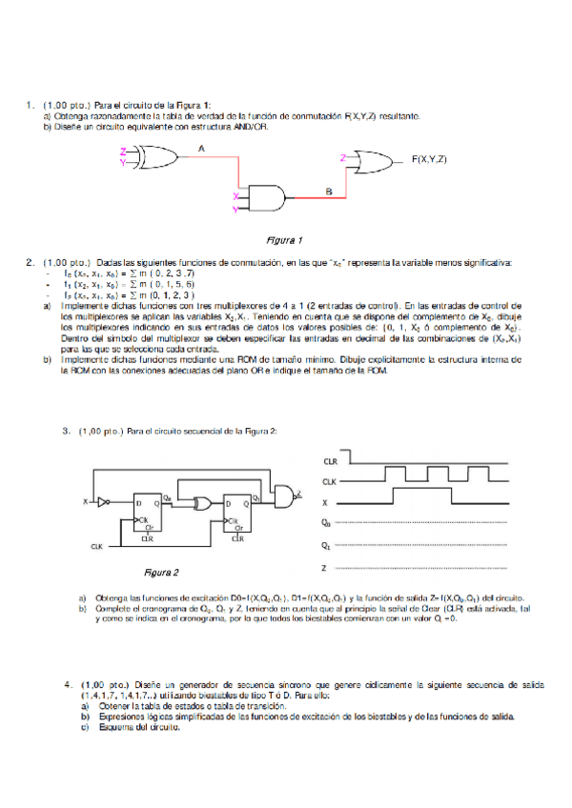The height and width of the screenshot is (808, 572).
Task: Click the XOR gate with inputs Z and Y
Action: click(147, 156)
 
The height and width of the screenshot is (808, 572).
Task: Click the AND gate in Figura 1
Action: click(267, 196)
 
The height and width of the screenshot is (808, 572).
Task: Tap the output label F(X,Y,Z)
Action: click(429, 158)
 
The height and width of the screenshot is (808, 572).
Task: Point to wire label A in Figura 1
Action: click(201, 148)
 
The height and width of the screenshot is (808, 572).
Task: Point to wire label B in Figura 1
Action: click(328, 192)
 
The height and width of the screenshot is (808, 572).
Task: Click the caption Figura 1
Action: click(284, 239)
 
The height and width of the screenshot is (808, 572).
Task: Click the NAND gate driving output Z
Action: click(284, 493)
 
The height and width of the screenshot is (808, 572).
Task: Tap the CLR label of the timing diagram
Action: click(329, 460)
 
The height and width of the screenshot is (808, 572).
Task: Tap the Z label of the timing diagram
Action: click(325, 568)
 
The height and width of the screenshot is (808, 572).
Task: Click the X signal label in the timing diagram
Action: click(325, 501)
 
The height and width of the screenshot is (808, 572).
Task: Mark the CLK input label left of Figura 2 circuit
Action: click(95, 546)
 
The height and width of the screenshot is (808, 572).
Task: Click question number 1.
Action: click(31, 105)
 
